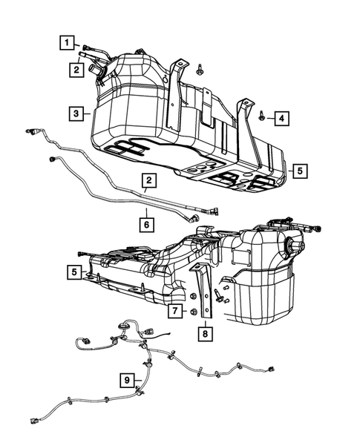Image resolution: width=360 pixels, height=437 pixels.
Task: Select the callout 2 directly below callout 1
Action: pos(76,70)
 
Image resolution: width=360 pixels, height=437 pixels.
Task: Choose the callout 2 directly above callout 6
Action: pos(150,180)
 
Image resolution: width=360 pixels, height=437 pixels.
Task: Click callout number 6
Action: pos(147,220)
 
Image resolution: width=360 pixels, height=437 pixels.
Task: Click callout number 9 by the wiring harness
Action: pos(129,381)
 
